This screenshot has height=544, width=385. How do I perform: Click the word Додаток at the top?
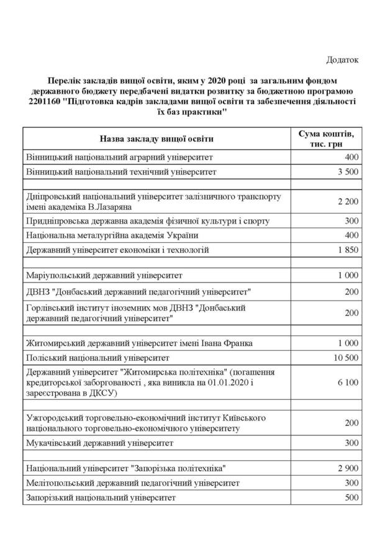(x=343, y=60)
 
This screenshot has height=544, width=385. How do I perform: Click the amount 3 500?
(x=348, y=171)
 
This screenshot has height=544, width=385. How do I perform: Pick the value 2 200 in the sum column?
(x=348, y=202)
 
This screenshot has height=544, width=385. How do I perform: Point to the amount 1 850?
(x=348, y=250)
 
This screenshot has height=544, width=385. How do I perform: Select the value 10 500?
(x=346, y=358)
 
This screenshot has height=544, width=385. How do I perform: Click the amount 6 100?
(x=348, y=383)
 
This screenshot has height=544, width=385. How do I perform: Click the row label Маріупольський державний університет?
(x=104, y=275)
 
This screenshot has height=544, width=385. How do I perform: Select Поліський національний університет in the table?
(x=97, y=358)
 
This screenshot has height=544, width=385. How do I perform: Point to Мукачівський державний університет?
(x=100, y=443)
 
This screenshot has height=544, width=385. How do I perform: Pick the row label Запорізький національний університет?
(x=101, y=497)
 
